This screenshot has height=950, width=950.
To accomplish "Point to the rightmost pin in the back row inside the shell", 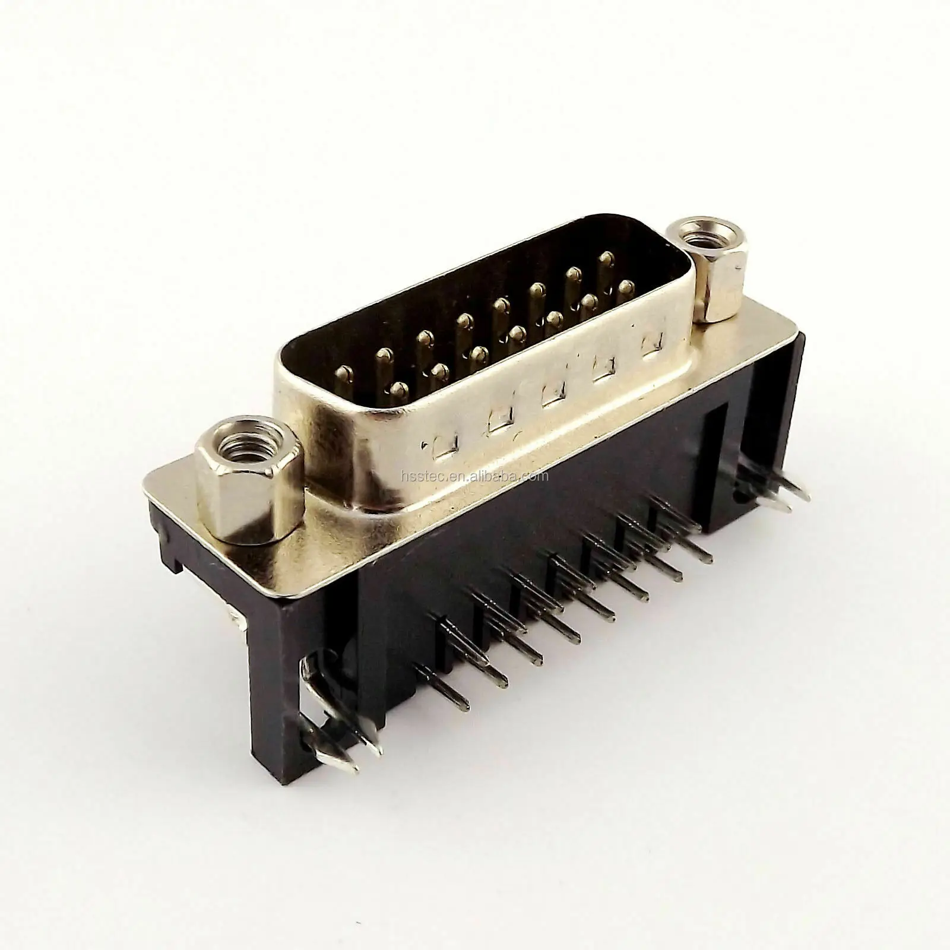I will point(606,259).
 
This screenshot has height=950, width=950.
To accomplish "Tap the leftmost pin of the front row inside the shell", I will point(400,389).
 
